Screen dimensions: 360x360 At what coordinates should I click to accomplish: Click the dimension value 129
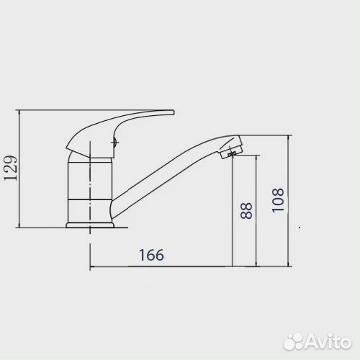coord(11,168)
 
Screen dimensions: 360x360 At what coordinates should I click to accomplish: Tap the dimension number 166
coord(152,255)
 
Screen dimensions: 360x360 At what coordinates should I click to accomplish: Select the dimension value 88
coord(246,211)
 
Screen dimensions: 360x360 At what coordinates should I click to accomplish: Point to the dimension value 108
coord(278,200)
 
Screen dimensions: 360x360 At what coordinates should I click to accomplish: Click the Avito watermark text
coord(329,341)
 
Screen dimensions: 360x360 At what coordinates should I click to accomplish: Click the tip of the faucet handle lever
coord(174,112)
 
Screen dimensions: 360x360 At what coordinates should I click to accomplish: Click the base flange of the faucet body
coord(90,225)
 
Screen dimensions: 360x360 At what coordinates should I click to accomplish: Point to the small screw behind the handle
coord(115,143)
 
